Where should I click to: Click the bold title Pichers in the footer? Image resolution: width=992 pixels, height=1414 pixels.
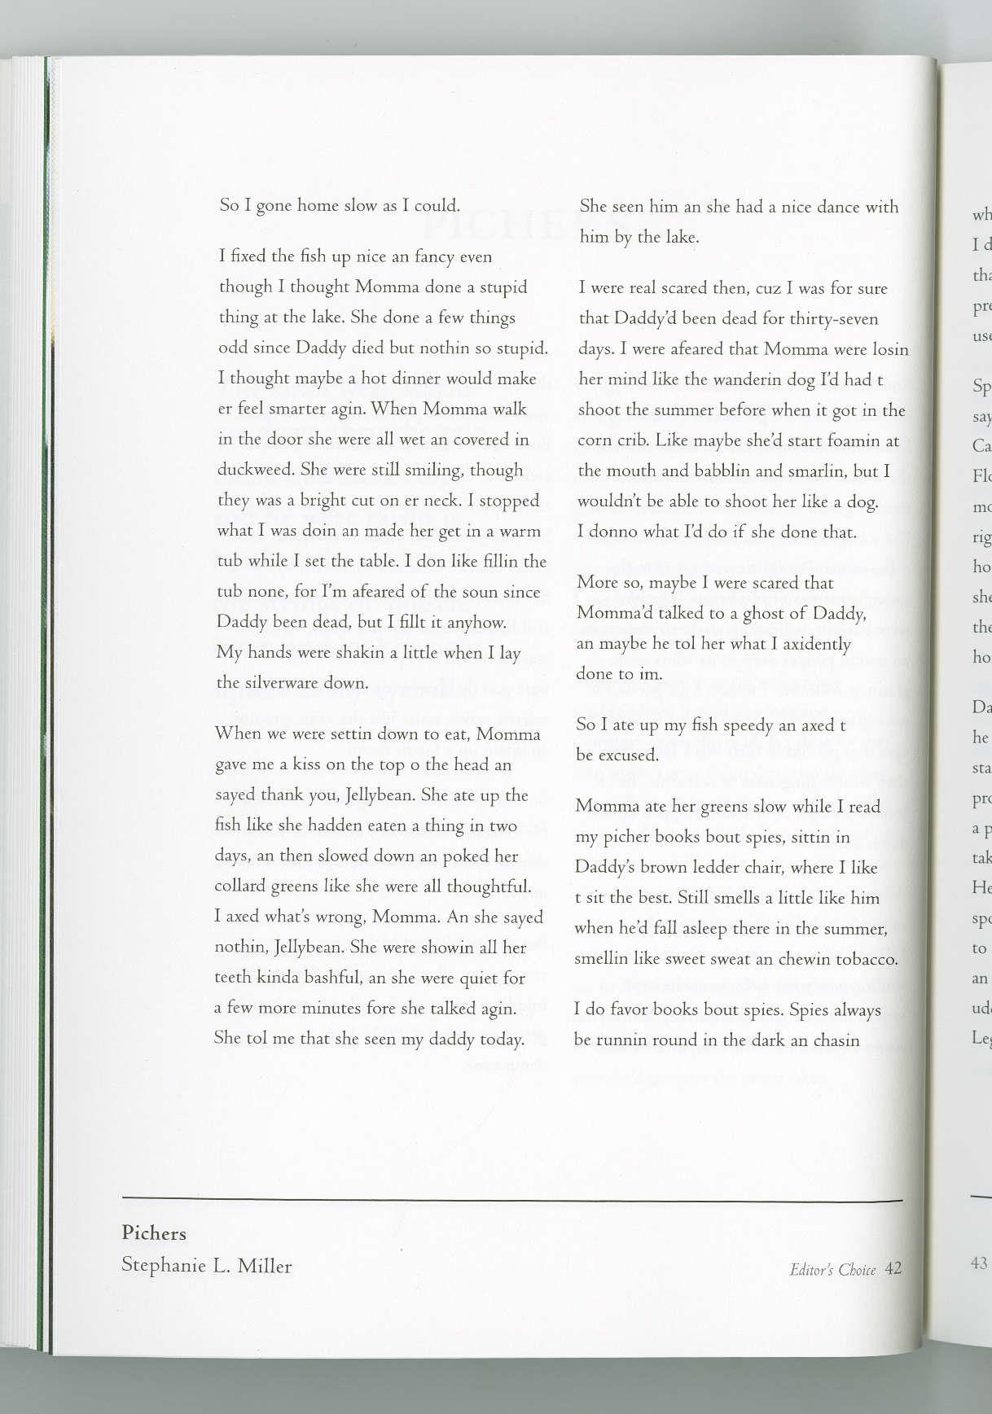tap(154, 1233)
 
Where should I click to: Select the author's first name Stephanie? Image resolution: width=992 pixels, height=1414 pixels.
tap(161, 1267)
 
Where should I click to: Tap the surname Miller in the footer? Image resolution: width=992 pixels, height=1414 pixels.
tap(264, 1267)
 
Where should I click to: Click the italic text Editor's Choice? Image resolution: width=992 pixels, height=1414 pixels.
tap(832, 1269)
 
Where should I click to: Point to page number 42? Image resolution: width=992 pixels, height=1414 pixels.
tap(893, 1268)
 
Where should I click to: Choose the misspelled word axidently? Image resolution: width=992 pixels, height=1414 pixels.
tap(810, 644)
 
